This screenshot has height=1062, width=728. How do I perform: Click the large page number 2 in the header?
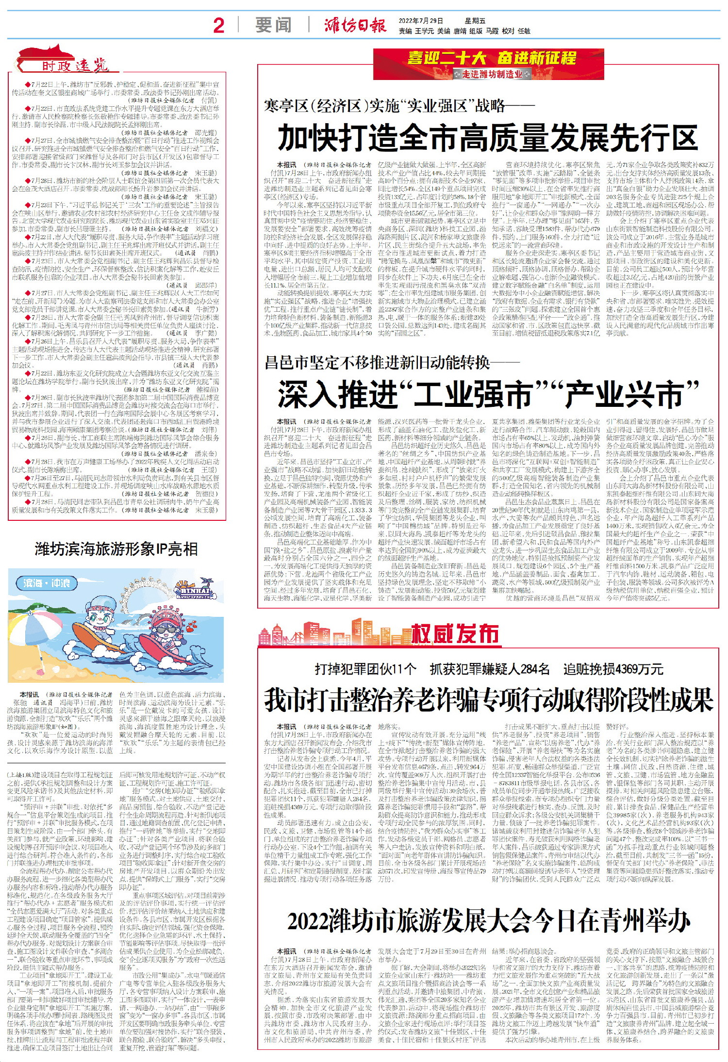(x=219, y=25)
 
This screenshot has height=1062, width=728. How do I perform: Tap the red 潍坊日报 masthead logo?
(x=355, y=25)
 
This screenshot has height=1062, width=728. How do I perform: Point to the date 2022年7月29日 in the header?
(x=421, y=21)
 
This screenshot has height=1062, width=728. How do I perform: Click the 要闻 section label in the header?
(x=274, y=25)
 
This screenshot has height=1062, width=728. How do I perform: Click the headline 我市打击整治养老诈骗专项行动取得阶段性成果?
(x=488, y=700)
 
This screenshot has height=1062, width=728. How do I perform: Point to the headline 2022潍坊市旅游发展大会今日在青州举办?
(x=488, y=920)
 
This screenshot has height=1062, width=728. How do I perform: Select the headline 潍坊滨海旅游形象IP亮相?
(x=116, y=549)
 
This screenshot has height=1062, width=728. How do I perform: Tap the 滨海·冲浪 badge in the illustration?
(x=47, y=583)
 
